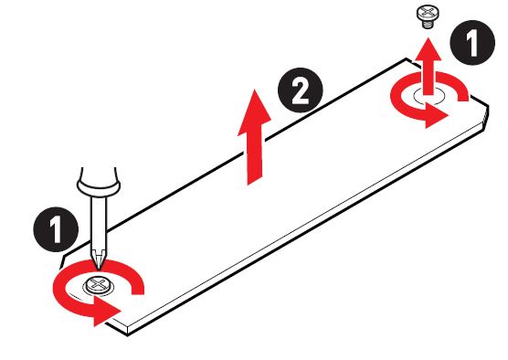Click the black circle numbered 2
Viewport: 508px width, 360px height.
[301, 90]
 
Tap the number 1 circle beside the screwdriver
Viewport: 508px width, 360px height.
[56, 229]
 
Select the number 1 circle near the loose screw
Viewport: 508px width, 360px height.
[472, 42]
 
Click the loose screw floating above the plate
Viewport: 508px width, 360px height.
[428, 16]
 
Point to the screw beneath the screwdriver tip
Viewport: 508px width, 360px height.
[98, 286]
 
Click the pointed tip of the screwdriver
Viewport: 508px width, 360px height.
[99, 268]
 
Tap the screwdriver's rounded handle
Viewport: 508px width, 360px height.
[99, 182]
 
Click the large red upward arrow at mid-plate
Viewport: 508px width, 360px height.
[255, 137]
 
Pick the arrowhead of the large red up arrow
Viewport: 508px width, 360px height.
[255, 111]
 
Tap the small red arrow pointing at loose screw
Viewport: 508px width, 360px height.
[429, 67]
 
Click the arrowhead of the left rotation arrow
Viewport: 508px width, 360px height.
[105, 312]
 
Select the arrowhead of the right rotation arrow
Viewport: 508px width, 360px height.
[436, 115]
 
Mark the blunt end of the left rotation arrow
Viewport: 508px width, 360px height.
[137, 288]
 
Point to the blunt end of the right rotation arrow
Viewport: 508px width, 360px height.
[462, 96]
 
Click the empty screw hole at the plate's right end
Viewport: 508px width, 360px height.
[429, 96]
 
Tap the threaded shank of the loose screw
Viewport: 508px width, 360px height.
[428, 25]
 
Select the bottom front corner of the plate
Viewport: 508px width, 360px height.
[128, 334]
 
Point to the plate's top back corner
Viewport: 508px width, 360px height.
[406, 59]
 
